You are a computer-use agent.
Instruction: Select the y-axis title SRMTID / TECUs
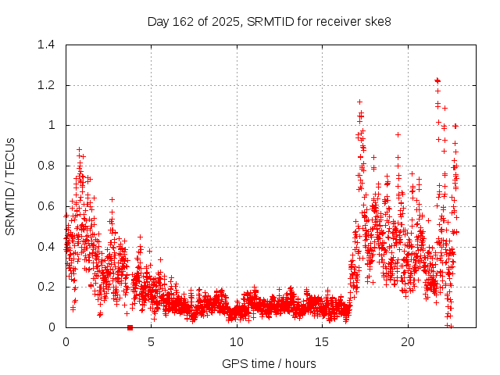pos(11,186)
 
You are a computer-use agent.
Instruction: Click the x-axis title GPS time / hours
pos(269,363)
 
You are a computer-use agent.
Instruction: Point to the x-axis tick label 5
pos(151,342)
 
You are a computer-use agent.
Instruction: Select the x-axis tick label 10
pos(237,342)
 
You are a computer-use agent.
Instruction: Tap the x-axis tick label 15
pos(322,342)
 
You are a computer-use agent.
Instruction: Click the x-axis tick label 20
pos(408,342)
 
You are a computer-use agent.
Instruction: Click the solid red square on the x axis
pos(130,327)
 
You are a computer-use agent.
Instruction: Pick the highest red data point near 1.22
pos(437,80)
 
